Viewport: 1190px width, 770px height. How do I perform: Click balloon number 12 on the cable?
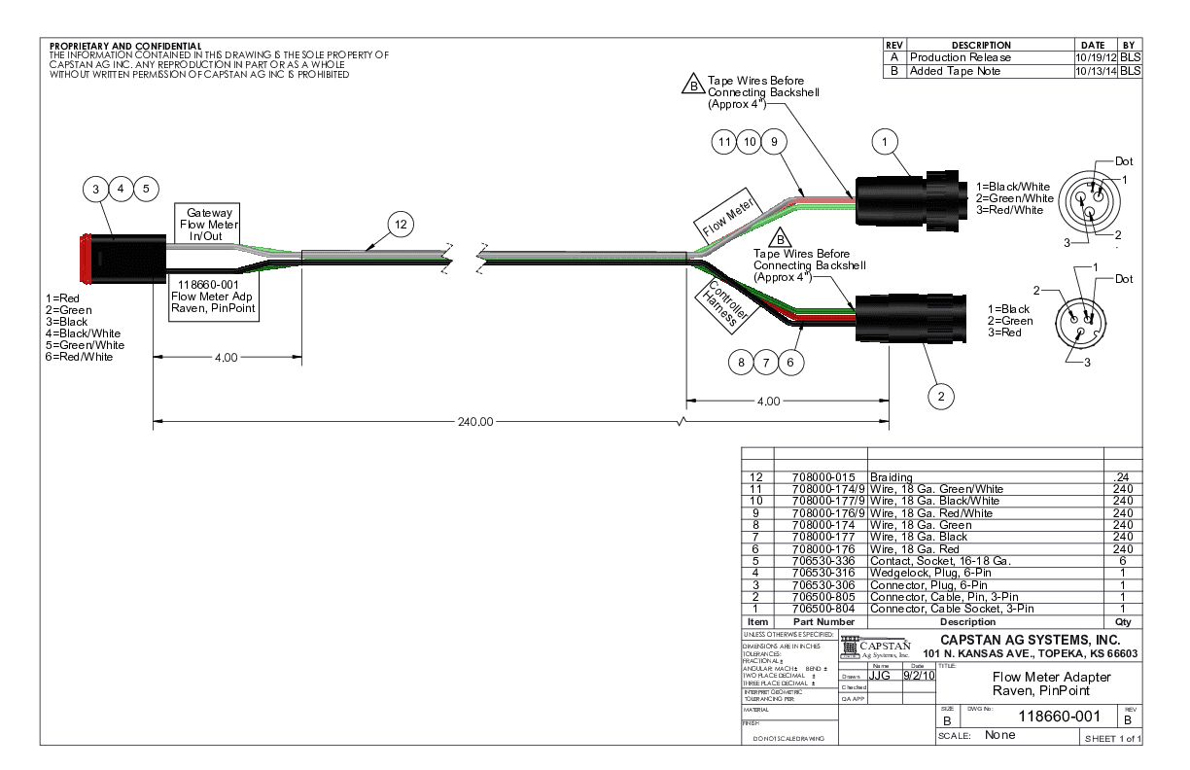(401, 224)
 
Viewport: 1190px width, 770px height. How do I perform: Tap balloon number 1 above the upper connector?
(885, 143)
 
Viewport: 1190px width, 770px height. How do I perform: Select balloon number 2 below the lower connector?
(940, 395)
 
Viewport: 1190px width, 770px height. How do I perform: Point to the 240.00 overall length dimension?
(475, 422)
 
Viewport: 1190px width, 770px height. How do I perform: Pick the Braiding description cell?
(891, 477)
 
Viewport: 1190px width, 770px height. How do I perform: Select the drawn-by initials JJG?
(879, 674)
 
